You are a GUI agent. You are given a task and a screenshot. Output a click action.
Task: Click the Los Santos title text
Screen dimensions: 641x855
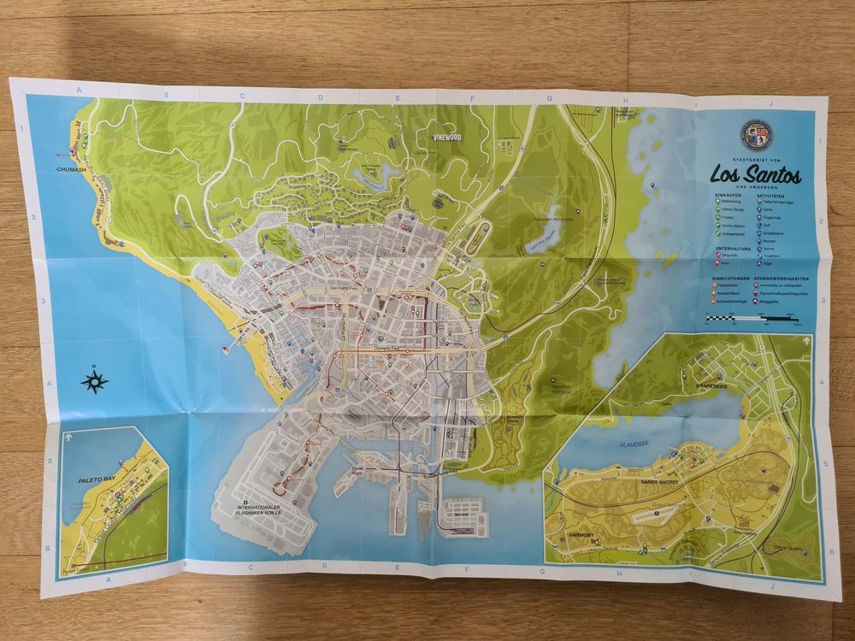click(x=756, y=174)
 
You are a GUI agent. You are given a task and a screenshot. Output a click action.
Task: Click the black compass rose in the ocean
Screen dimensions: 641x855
click(x=95, y=381)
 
